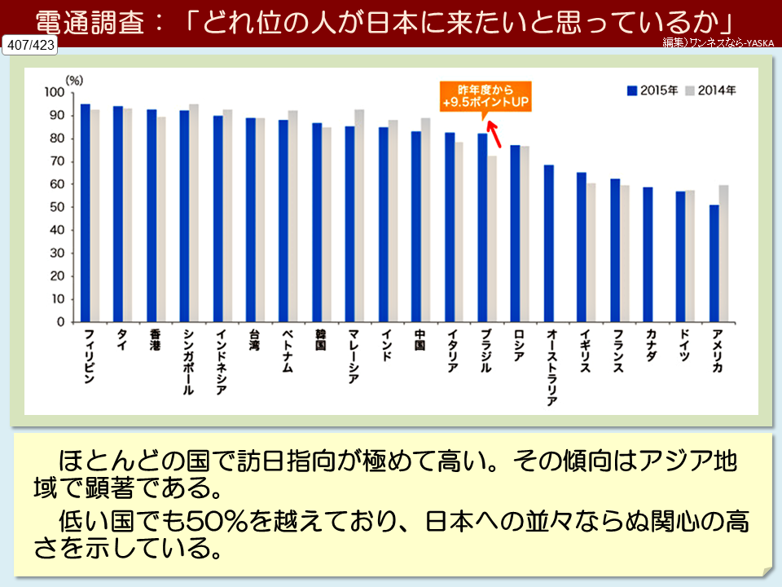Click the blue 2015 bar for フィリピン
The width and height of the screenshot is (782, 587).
coord(86,213)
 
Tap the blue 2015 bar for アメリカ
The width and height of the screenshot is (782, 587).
coord(714,263)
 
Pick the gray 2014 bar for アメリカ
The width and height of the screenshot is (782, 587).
coord(724,254)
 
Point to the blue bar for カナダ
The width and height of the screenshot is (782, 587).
coord(648,254)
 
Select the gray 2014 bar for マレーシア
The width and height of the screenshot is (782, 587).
coord(359,215)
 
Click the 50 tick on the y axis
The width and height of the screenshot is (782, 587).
coord(57,207)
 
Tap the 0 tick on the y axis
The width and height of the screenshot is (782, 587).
coord(59,322)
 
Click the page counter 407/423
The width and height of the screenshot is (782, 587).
coord(30,46)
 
